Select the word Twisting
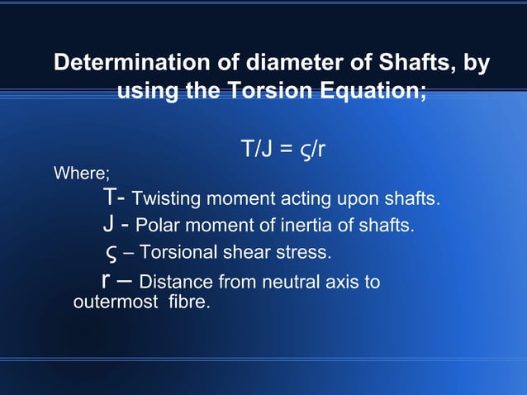[166, 199]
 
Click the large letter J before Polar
[107, 224]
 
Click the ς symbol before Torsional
[110, 252]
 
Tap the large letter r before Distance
[107, 281]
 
